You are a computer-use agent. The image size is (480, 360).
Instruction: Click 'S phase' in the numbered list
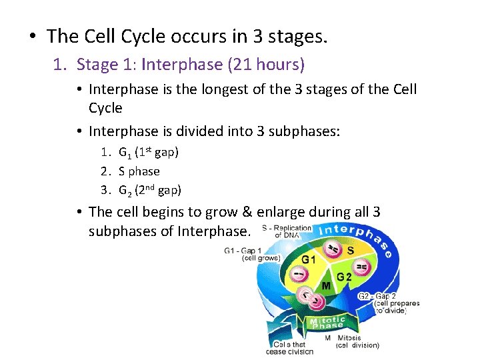coord(139,171)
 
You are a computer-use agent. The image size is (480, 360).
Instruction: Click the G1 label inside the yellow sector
coord(309,260)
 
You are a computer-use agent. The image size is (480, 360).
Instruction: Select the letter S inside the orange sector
coord(350,251)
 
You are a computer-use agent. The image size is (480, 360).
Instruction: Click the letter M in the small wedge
coord(326,286)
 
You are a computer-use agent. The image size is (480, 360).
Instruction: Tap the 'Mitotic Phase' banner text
coord(327,323)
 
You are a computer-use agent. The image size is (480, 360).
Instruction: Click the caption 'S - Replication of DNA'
coord(287,231)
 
